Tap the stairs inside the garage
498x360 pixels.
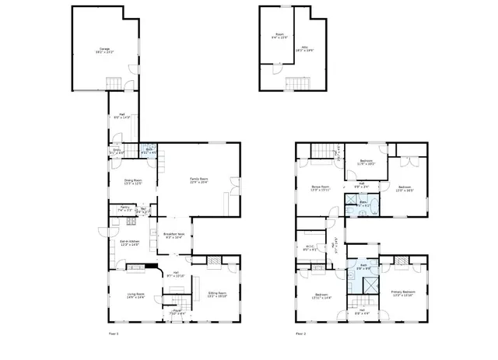(x=114, y=83)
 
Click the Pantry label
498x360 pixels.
(x=124, y=209)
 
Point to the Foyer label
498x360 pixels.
(x=177, y=313)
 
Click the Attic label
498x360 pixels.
(x=305, y=48)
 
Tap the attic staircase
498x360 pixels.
(x=296, y=82)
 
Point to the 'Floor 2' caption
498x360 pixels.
(x=300, y=334)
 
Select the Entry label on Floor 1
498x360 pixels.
(x=116, y=152)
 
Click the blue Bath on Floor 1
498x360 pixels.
(x=148, y=152)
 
